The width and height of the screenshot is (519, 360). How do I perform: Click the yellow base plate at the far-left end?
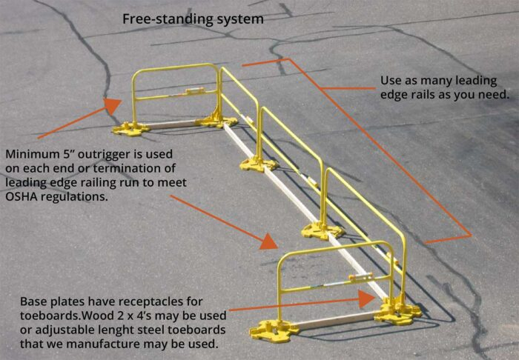coord(132,128)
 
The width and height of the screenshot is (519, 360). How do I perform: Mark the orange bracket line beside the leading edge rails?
coord(378,148)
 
